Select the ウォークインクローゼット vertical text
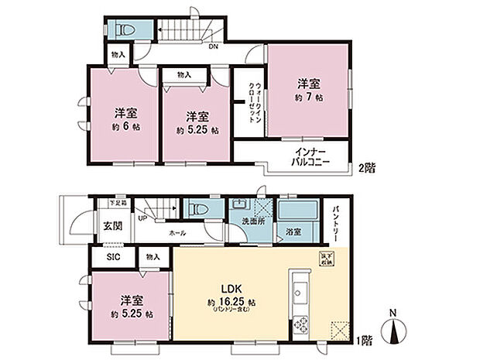tap(253, 101)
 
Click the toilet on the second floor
tap(125, 30)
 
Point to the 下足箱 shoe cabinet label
tap(118, 203)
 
